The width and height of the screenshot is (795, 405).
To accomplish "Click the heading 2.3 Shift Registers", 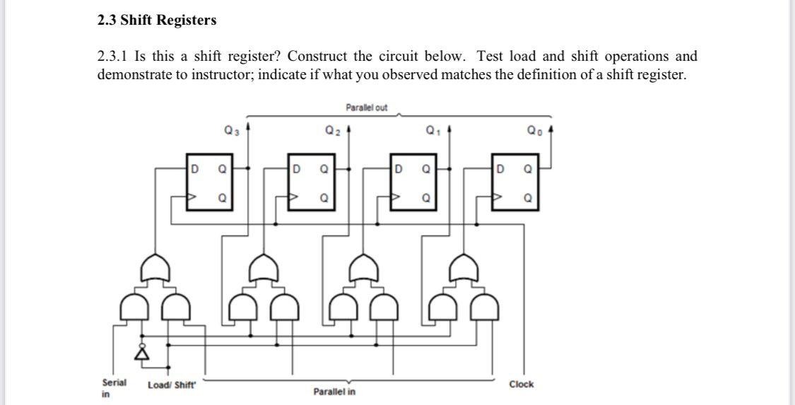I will click(157, 20).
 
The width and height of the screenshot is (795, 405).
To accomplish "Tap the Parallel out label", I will click(366, 108).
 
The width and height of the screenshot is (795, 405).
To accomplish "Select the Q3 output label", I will click(230, 130).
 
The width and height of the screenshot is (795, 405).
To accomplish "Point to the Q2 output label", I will click(332, 130).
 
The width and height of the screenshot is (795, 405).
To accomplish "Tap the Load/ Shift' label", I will click(172, 385).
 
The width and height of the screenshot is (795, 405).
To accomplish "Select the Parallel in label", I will click(334, 391).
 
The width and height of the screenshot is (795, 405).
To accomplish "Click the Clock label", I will click(521, 385).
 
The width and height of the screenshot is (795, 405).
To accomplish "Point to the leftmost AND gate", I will click(130, 308).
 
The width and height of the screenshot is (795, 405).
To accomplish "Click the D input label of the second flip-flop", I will click(297, 170).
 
